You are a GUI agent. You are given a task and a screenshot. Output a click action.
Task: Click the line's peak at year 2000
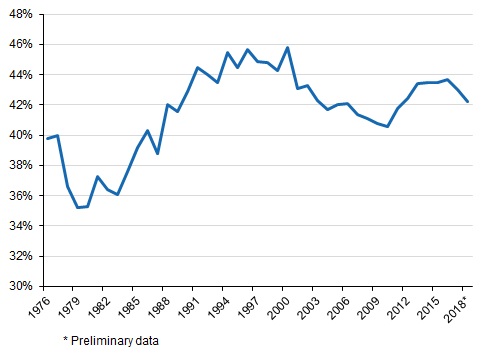tap(287, 47)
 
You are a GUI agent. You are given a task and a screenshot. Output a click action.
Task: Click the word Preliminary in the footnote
tap(97, 342)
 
